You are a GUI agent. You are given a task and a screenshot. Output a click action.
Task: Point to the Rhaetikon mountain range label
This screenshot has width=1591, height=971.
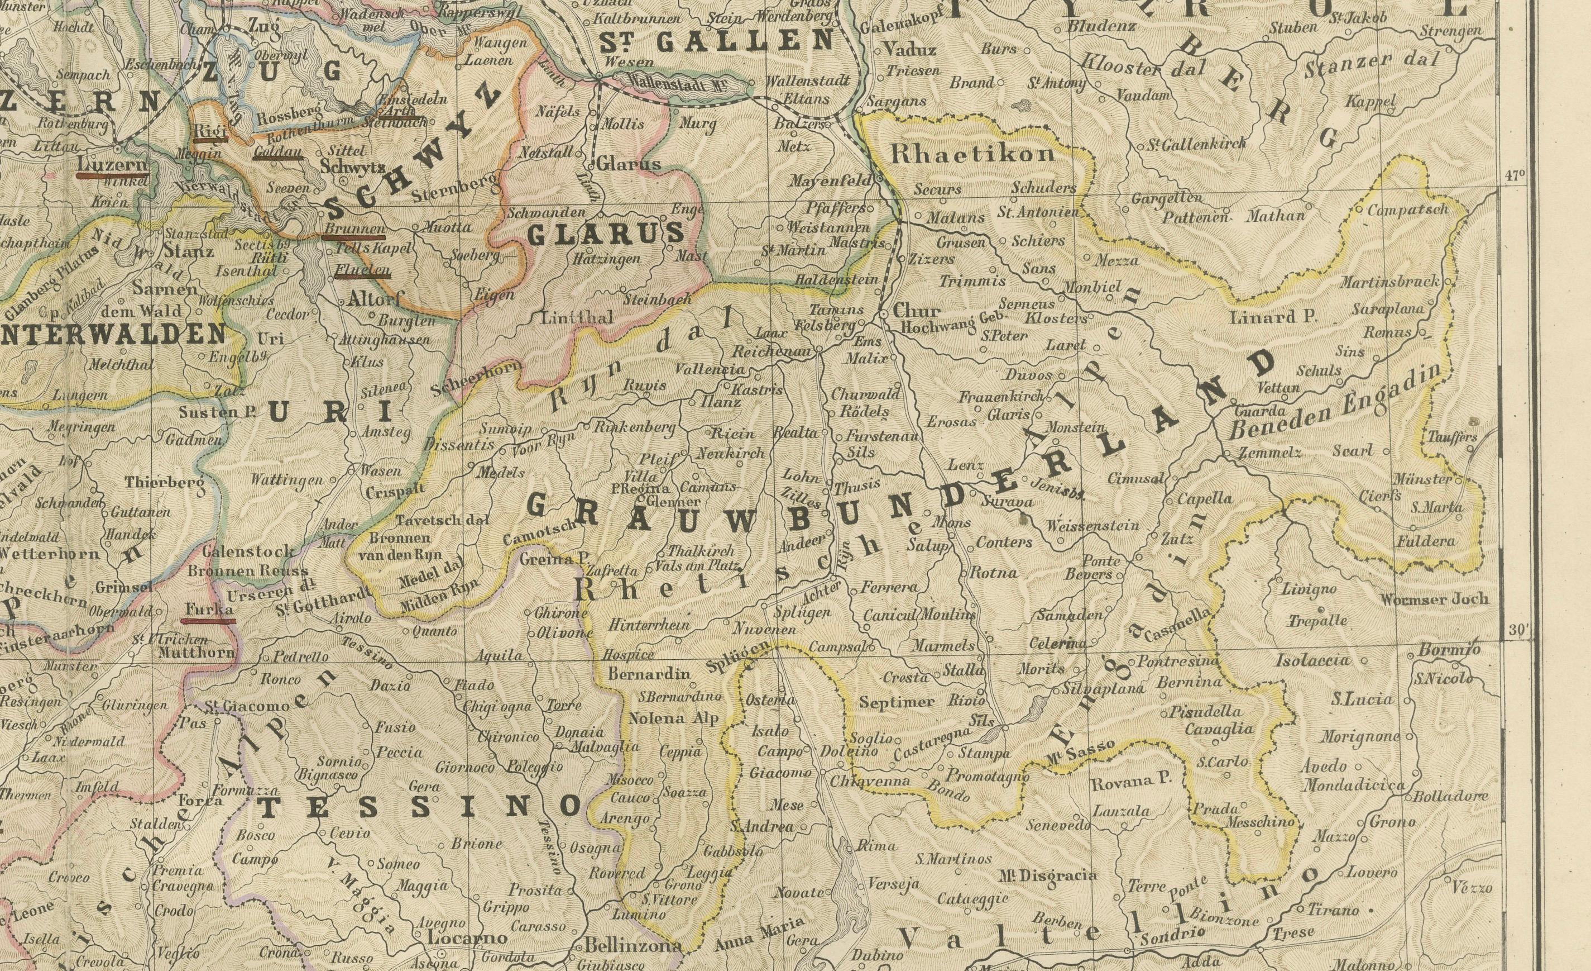[972, 154]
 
